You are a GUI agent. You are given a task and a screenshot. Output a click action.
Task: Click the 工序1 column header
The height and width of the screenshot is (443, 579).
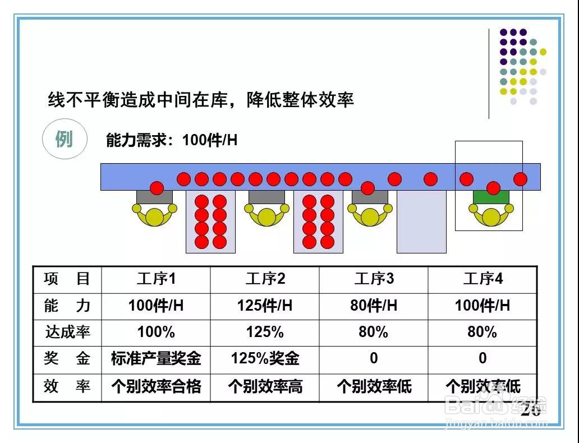coord(156,279)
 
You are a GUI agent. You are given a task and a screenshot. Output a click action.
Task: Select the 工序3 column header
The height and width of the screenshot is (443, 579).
coord(374,279)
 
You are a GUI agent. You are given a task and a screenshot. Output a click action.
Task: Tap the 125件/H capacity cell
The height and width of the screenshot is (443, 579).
coord(265,306)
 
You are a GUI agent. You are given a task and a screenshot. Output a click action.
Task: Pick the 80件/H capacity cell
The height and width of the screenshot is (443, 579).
coord(374,306)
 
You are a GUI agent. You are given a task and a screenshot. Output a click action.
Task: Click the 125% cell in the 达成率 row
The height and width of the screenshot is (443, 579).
coord(265,332)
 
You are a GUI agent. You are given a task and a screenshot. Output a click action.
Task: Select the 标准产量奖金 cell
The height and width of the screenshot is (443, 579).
coord(156,358)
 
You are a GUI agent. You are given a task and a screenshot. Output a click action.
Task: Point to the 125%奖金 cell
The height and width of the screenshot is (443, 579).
coord(265,358)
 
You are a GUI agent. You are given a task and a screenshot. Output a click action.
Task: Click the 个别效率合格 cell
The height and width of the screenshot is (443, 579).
coord(156,386)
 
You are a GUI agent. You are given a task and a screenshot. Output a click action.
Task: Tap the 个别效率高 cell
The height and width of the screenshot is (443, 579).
coord(265,386)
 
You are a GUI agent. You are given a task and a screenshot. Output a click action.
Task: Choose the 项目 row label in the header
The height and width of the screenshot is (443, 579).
coord(67,279)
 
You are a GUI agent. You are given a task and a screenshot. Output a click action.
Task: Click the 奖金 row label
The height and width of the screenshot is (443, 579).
coord(67,358)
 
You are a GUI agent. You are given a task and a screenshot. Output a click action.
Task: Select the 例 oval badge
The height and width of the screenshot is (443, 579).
coord(65,139)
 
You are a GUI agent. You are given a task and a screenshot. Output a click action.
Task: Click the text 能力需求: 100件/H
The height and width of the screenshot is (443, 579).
coord(172,140)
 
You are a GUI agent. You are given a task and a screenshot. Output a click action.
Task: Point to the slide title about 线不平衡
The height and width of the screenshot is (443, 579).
coord(201,100)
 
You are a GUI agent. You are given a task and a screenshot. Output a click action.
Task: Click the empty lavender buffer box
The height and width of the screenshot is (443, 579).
coord(421,222)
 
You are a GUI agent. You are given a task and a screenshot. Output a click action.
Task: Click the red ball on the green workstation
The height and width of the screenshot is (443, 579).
coord(493,188)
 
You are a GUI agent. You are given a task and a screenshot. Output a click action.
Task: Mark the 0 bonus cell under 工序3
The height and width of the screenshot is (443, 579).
coord(374,358)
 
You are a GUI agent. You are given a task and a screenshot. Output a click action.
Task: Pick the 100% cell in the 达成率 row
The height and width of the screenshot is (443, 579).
coord(156,332)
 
